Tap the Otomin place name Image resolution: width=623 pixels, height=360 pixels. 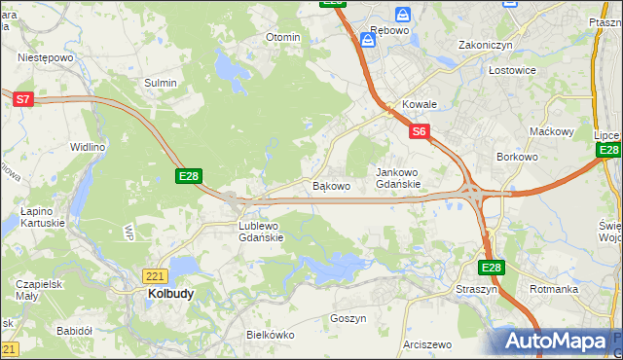[283, 37]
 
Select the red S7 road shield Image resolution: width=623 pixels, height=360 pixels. [24, 98]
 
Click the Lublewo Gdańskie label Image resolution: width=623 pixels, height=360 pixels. [261, 231]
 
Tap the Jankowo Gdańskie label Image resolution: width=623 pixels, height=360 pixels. [398, 178]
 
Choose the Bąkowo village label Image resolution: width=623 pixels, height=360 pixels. [331, 185]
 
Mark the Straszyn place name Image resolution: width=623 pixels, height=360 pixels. [476, 289]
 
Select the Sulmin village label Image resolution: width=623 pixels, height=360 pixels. [161, 83]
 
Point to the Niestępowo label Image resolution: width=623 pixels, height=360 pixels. [46, 57]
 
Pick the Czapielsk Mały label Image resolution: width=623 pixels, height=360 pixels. [40, 290]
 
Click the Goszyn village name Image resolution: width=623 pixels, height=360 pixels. [348, 318]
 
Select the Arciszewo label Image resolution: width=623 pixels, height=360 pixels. [428, 344]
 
